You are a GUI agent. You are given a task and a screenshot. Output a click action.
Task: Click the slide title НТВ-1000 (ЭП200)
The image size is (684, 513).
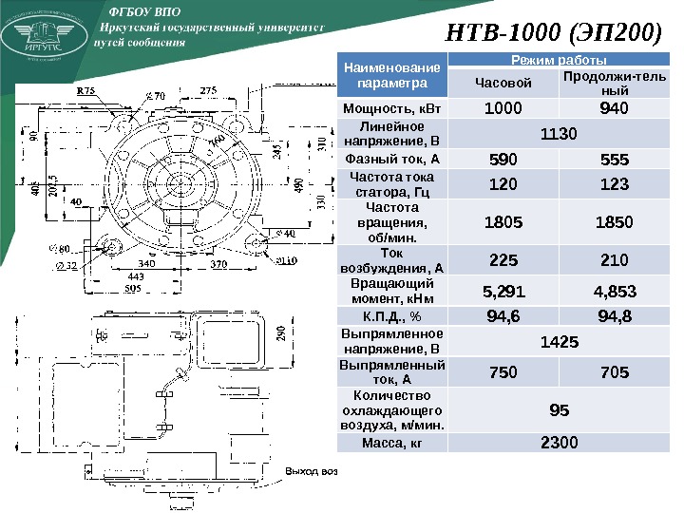pyautogui.click(x=553, y=34)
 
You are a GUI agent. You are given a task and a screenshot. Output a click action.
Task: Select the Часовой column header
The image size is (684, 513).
pyautogui.click(x=503, y=85)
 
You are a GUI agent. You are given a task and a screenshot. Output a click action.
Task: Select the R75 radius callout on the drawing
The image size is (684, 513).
pyautogui.click(x=86, y=92)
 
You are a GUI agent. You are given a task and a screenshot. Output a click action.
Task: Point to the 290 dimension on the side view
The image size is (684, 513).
pyautogui.click(x=279, y=334)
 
